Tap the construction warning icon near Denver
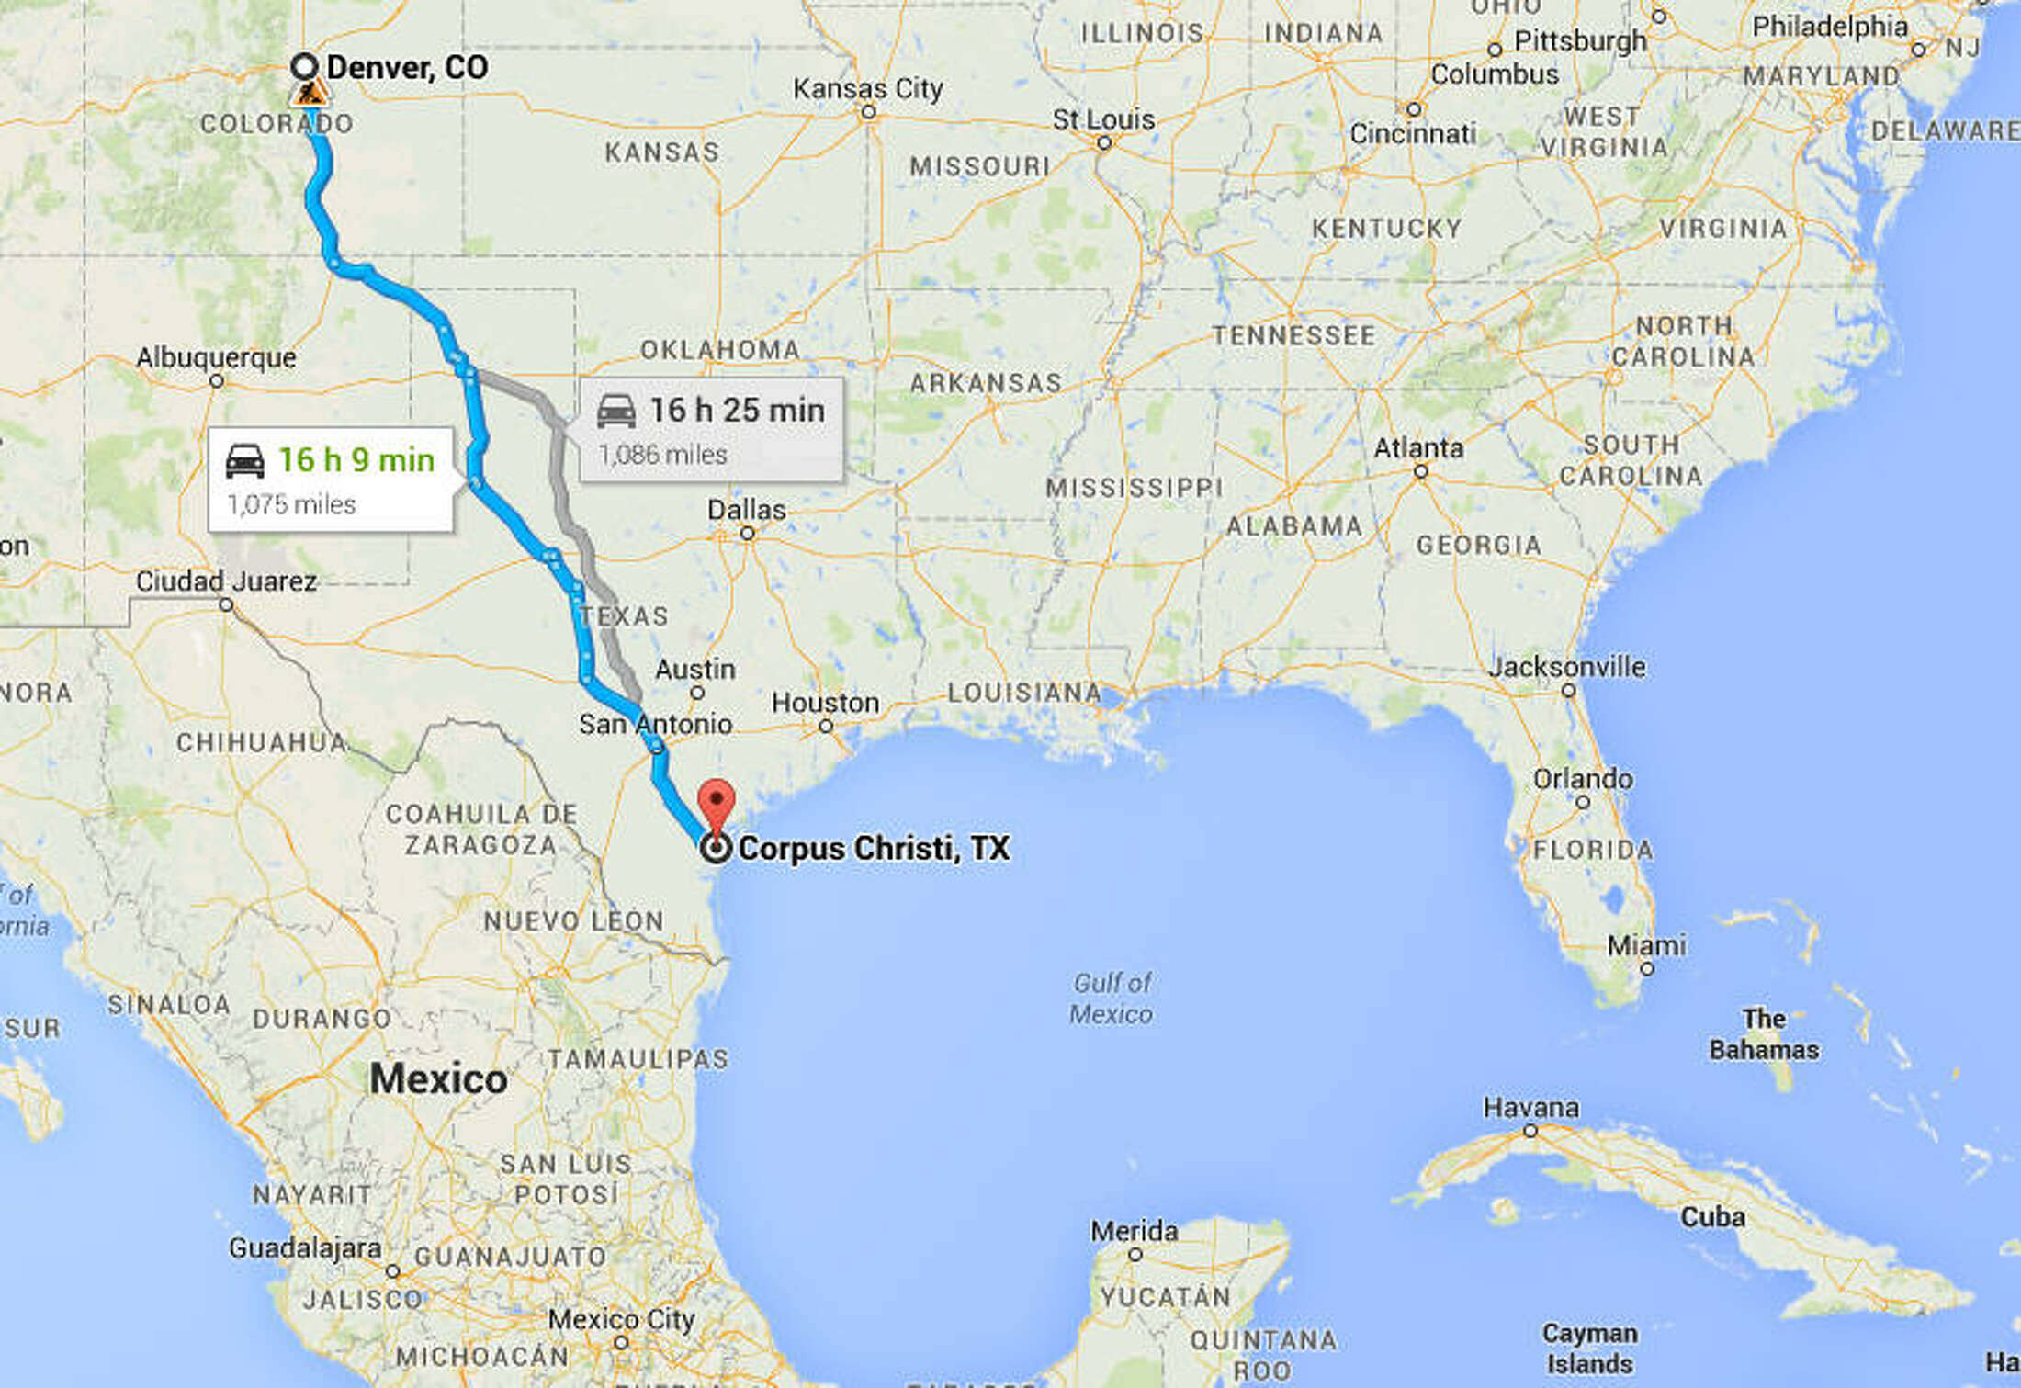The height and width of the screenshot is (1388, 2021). point(310,93)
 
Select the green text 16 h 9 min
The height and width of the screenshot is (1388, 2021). point(356,459)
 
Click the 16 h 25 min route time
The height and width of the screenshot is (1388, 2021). point(737,410)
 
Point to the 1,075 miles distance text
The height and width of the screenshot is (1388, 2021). point(291,504)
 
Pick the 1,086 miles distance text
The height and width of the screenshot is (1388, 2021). point(662,455)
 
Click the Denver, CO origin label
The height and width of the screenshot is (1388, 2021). point(407,67)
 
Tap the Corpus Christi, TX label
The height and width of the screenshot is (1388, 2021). point(873,848)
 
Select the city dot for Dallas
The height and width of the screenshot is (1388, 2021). point(748,533)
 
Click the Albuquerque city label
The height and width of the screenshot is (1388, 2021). point(216,357)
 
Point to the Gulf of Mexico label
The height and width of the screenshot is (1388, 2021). point(1112,999)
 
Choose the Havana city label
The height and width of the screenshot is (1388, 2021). point(1530,1108)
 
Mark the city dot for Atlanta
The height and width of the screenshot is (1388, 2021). point(1421,471)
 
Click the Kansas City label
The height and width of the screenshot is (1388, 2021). point(867,88)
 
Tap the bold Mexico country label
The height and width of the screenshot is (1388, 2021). point(438,1078)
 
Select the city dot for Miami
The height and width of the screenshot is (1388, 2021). point(1647,968)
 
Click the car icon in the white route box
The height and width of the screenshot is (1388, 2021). point(245,460)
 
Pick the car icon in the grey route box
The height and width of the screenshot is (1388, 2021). point(615,411)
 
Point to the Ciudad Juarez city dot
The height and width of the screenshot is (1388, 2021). point(226,604)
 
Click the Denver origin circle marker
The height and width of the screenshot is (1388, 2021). point(305,66)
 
